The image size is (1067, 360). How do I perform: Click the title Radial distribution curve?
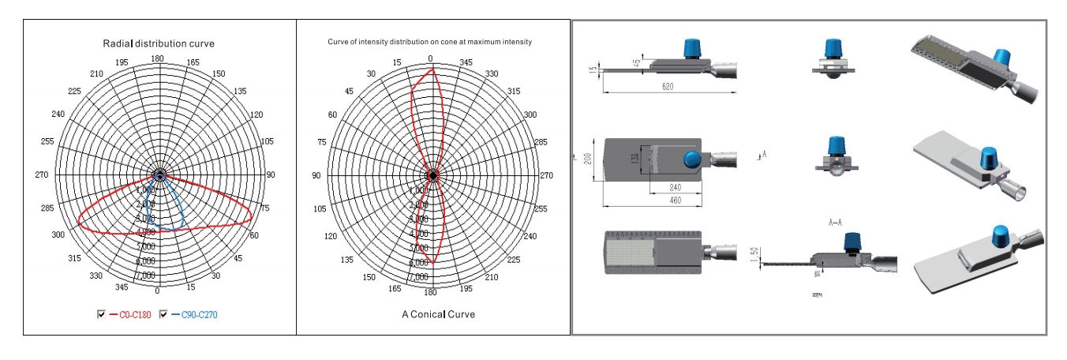pyautogui.click(x=159, y=43)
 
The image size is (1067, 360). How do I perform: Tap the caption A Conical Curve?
pyautogui.click(x=438, y=314)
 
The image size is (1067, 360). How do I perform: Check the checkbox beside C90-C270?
pyautogui.click(x=163, y=314)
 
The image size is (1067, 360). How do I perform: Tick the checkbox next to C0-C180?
pyautogui.click(x=101, y=314)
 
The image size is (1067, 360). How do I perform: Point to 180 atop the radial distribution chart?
pyautogui.click(x=158, y=59)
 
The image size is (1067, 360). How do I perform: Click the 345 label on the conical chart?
pyautogui.click(x=466, y=62)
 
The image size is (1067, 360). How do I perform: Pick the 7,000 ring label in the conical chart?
pyautogui.click(x=418, y=277)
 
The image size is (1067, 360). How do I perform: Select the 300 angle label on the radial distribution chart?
pyautogui.click(x=58, y=235)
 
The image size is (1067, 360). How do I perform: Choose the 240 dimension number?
pyautogui.click(x=674, y=188)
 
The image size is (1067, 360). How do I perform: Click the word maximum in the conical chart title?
pyautogui.click(x=474, y=41)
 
